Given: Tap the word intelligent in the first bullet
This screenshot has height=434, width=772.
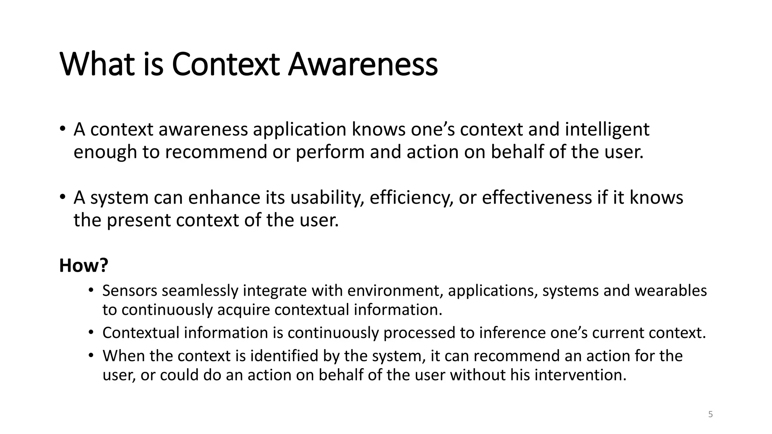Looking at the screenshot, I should pos(607,130).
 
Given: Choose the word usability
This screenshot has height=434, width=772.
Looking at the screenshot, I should pos(327,198).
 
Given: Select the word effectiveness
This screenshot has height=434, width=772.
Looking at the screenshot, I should pos(537,198).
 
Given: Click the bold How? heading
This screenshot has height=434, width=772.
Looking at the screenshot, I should pos(84,266).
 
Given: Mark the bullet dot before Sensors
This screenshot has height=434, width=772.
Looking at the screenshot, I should pos(90,290).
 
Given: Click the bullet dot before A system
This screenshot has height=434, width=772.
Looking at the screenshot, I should pos(62,197).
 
